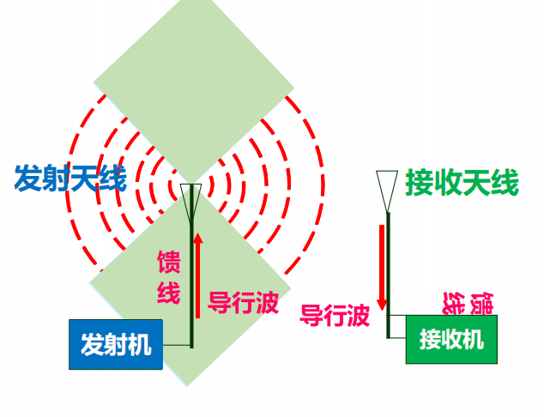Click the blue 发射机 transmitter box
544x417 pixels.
(116, 344)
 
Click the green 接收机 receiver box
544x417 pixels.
(451, 339)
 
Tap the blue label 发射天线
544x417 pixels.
(70, 178)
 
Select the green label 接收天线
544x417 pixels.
(462, 183)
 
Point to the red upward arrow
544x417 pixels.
(197, 275)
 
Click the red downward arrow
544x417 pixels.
(382, 268)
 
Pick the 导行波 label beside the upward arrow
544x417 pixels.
(244, 303)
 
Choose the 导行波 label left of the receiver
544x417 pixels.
(335, 316)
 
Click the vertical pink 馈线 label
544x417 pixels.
(169, 277)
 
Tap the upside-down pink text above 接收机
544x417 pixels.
(468, 304)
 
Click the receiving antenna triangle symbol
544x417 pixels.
(387, 191)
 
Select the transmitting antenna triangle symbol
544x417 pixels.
(191, 204)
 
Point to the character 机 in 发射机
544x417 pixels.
(140, 344)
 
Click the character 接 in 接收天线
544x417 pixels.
(419, 183)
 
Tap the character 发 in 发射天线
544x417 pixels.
(27, 178)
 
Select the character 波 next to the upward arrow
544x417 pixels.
(267, 303)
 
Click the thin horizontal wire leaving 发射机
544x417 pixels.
(177, 345)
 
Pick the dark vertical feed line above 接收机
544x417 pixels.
(389, 275)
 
